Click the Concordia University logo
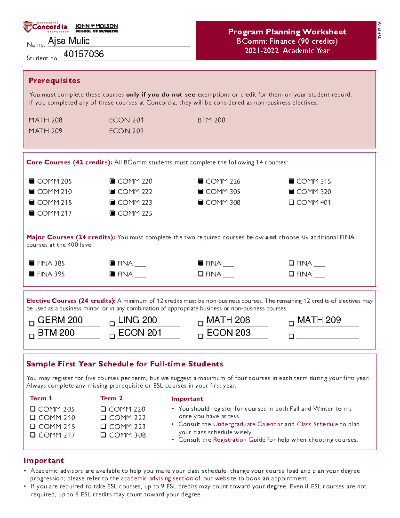tap(46, 27)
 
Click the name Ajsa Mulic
tap(69, 41)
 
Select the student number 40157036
tap(83, 54)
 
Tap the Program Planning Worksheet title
tap(287, 32)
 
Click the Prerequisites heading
tap(54, 80)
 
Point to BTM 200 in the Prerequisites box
tap(211, 120)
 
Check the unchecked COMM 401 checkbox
tap(291, 202)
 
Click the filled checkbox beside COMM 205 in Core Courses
tap(32, 181)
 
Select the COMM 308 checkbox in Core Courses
tap(200, 202)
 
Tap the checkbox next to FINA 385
tap(32, 263)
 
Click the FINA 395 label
tap(51, 274)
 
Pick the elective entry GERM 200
tap(60, 320)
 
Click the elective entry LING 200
tap(138, 320)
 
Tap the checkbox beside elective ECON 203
tap(200, 336)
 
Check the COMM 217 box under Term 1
tap(33, 435)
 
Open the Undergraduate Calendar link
tap(248, 424)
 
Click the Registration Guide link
tap(239, 440)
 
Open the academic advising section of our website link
tap(178, 478)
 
